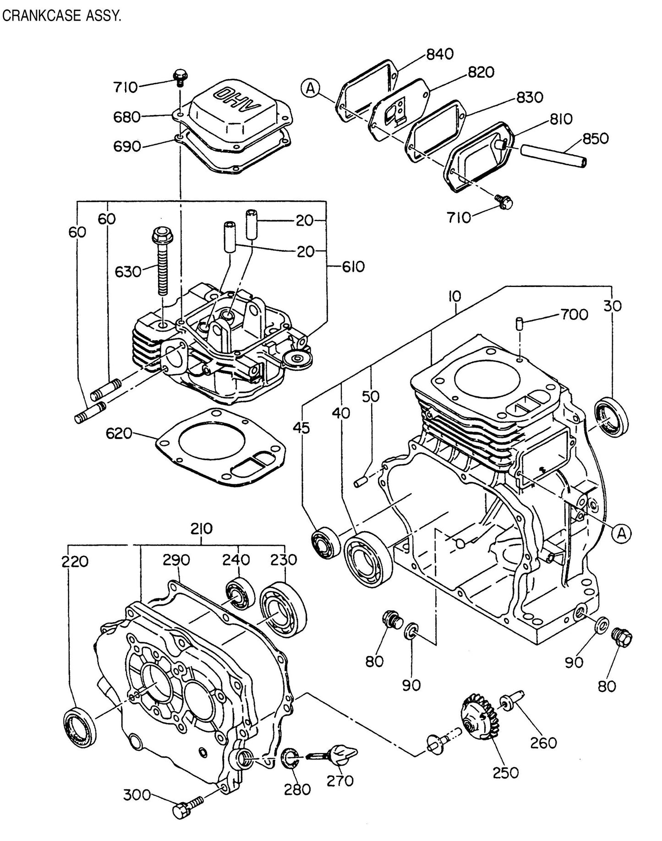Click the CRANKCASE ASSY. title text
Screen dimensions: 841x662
pyautogui.click(x=61, y=17)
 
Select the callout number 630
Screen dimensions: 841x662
pyautogui.click(x=128, y=271)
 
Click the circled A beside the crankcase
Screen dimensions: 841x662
pyautogui.click(x=622, y=532)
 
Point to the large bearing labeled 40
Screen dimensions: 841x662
pyautogui.click(x=368, y=558)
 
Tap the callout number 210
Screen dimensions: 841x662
pyautogui.click(x=201, y=529)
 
